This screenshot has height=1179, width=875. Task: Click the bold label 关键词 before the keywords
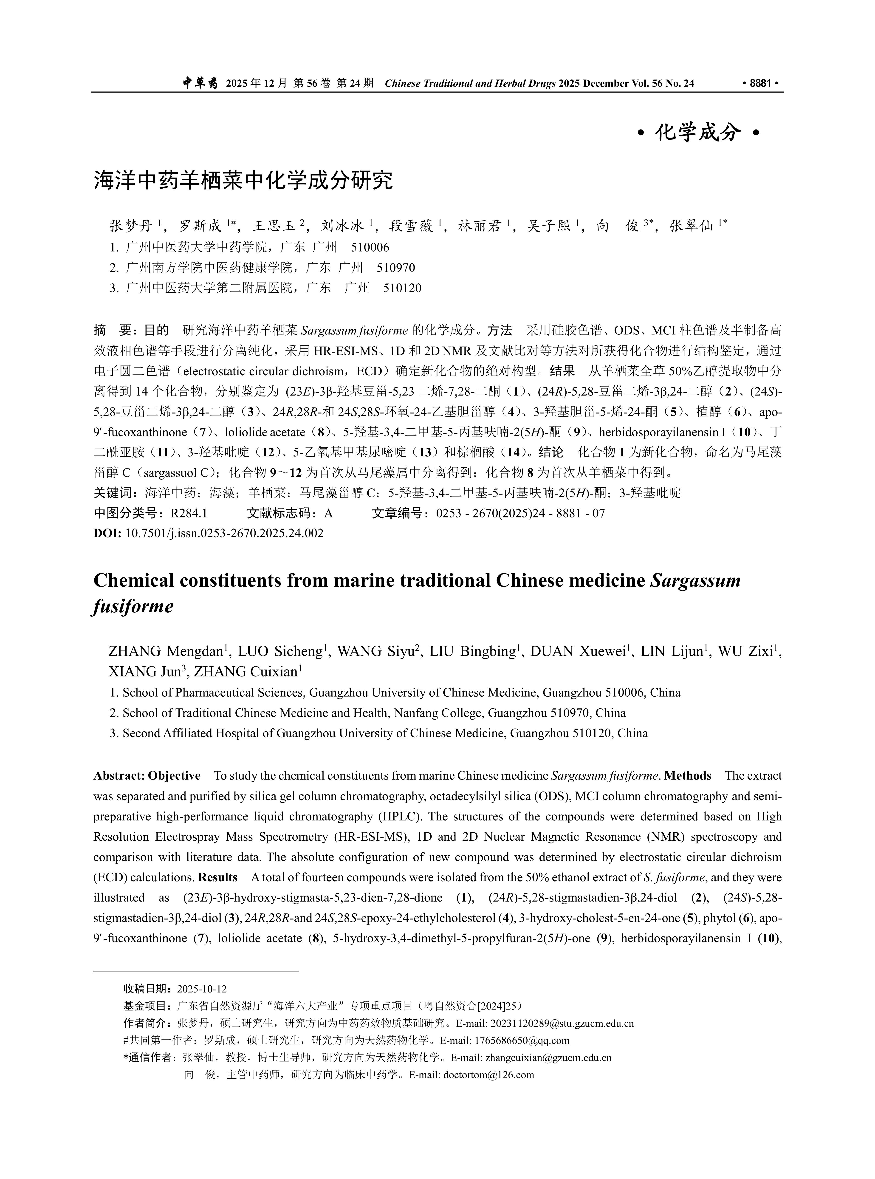[113, 493]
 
